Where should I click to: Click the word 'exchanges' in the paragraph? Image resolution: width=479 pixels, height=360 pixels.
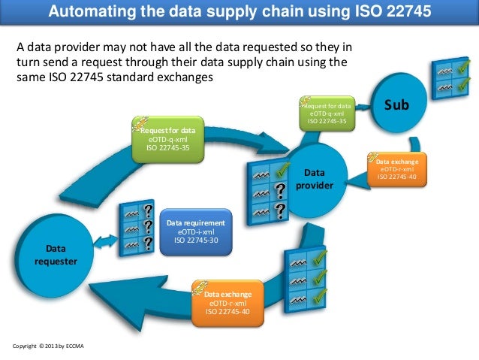pos(188,77)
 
